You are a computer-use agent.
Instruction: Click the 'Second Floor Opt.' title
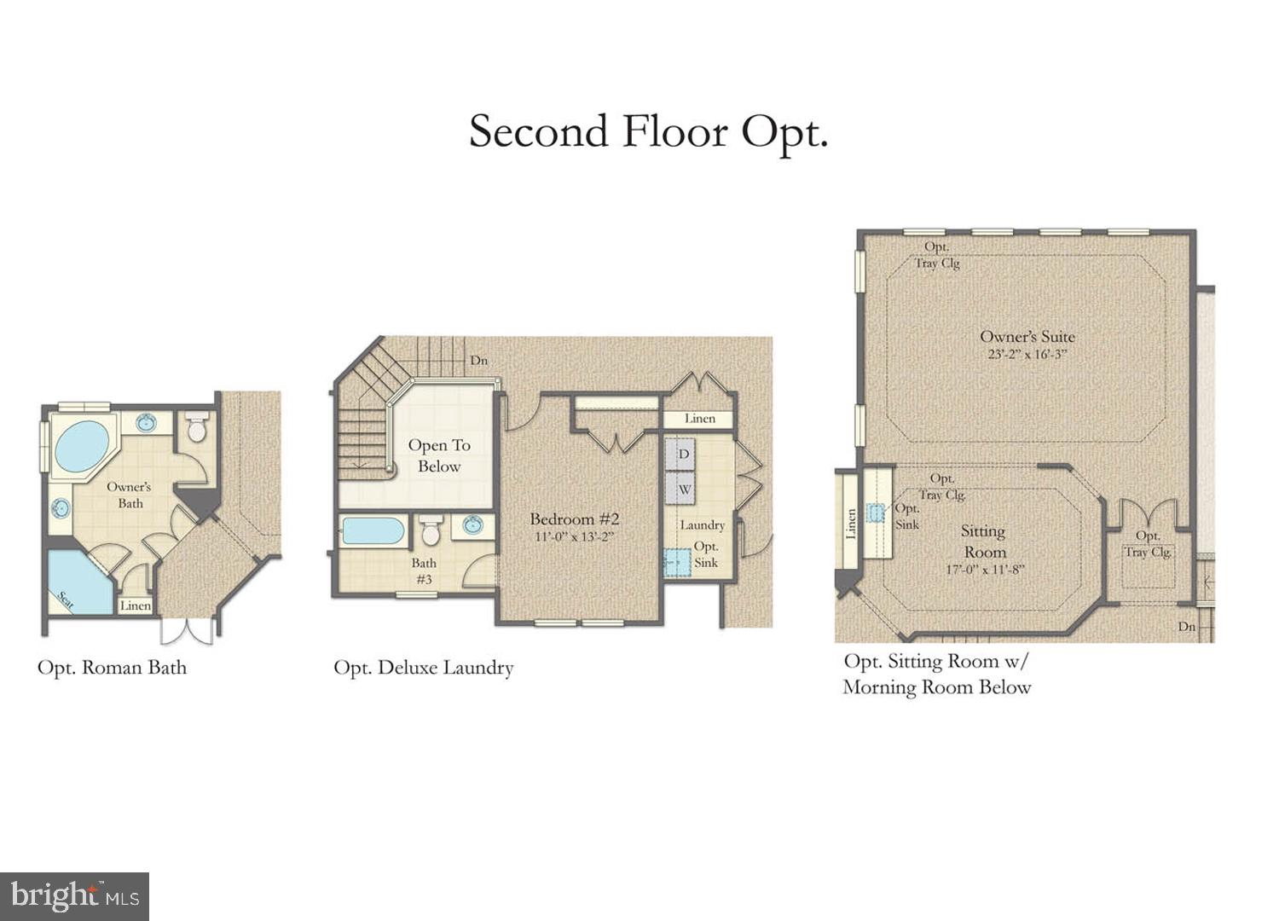pyautogui.click(x=648, y=133)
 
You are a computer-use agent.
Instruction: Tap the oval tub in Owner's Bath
pyautogui.click(x=81, y=447)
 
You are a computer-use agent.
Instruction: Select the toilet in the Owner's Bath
pyautogui.click(x=197, y=427)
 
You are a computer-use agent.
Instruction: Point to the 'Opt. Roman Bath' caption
pyautogui.click(x=112, y=667)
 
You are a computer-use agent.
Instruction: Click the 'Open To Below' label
pyautogui.click(x=439, y=455)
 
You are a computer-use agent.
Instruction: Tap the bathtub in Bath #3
pyautogui.click(x=373, y=530)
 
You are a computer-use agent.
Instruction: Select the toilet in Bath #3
pyautogui.click(x=430, y=530)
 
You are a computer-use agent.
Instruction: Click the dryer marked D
pyautogui.click(x=683, y=455)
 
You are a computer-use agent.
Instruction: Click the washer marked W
pyautogui.click(x=684, y=490)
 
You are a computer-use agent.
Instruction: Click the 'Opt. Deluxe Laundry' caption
pyautogui.click(x=423, y=668)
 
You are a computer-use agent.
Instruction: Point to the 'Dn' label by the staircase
pyautogui.click(x=479, y=361)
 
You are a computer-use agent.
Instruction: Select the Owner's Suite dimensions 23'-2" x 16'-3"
pyautogui.click(x=1027, y=354)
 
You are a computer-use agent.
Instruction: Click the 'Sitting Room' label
pyautogui.click(x=984, y=541)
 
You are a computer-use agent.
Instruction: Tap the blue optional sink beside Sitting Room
pyautogui.click(x=876, y=513)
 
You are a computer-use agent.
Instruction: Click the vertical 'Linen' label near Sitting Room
pyautogui.click(x=850, y=524)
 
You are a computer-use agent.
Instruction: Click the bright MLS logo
pyautogui.click(x=75, y=896)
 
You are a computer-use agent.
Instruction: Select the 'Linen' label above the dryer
pyautogui.click(x=700, y=419)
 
